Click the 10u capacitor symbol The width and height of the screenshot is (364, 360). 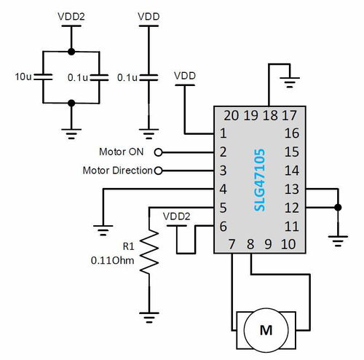point(43,77)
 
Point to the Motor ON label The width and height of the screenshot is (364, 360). point(121,152)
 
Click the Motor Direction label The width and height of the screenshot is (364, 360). point(116,171)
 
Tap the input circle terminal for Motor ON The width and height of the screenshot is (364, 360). point(159,152)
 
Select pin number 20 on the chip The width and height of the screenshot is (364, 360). point(232,115)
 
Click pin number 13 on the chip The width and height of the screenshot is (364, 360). point(291,189)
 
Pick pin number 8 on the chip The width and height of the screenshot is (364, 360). point(250,244)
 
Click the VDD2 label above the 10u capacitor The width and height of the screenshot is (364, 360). point(71,15)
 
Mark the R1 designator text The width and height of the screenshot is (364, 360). point(129,245)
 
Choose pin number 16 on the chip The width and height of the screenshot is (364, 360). point(291,133)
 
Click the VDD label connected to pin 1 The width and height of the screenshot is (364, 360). point(185,75)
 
